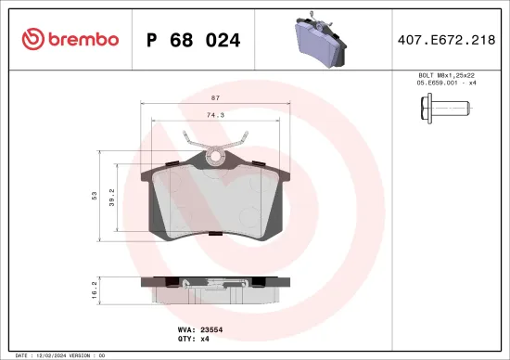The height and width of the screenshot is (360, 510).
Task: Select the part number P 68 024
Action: tap(194, 40)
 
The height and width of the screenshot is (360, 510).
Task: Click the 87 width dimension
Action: tap(214, 97)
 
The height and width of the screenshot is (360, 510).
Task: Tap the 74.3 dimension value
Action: tap(214, 115)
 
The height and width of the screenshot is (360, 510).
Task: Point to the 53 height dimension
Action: tap(94, 195)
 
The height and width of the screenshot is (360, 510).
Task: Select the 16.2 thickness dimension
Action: tap(94, 289)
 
